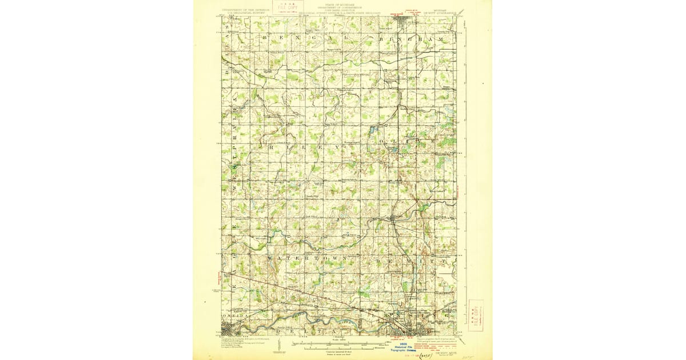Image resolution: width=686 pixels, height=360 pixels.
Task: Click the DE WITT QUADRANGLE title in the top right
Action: (x=441, y=9)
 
